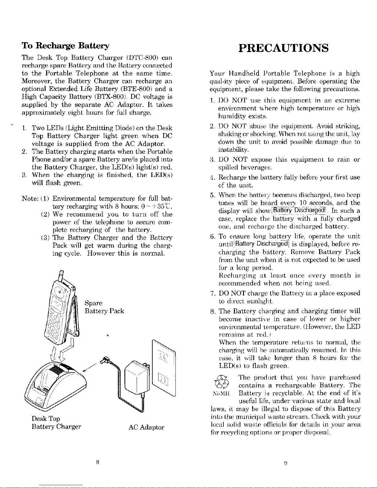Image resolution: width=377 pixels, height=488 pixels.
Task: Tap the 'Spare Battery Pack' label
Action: (104, 307)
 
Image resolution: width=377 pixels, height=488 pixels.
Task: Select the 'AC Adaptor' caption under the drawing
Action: (146, 427)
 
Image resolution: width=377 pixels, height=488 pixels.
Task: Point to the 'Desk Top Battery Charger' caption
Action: (56, 422)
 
